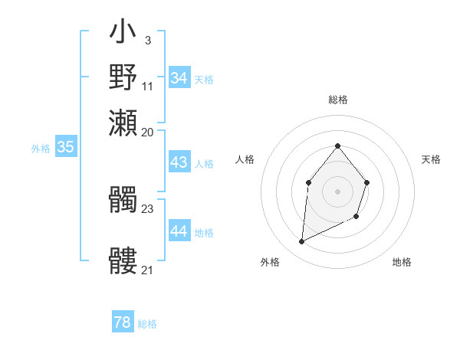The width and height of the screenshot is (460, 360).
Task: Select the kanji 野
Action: coord(123,77)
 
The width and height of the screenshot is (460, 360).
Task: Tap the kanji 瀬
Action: coord(123,122)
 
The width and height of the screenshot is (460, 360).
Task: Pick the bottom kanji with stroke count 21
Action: coord(123,261)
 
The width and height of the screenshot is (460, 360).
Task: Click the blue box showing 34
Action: coord(179,78)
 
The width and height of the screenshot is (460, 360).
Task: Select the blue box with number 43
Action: coord(179,162)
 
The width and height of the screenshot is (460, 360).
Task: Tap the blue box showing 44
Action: coord(179,231)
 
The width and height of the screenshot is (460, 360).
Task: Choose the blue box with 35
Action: coord(65,148)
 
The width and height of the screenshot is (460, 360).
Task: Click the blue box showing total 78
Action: coord(123,322)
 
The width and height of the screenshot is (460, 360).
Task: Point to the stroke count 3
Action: coord(147,40)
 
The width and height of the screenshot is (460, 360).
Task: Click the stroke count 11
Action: coord(148,85)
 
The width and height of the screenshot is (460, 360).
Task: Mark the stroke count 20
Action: coord(148,132)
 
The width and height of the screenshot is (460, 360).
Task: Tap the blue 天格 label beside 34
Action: coord(204,80)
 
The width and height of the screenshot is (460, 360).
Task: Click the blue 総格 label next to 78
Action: coord(147,324)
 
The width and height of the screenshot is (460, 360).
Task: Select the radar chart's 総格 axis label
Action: coord(337,100)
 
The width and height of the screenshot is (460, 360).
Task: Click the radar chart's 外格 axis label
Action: coord(270,262)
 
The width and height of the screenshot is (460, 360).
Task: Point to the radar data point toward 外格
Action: coord(301,242)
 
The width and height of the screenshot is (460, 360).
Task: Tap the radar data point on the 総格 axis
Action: coord(337,146)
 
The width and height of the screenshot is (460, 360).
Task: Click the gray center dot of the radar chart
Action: coord(337,191)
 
